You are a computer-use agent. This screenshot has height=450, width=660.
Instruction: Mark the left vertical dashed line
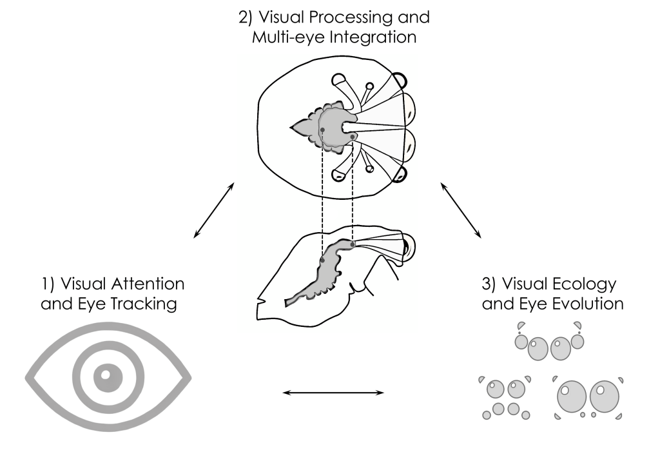(x=322, y=193)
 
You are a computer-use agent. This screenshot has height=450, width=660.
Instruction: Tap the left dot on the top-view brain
(x=322, y=130)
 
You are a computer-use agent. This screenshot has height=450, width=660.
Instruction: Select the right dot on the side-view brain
(x=353, y=244)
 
